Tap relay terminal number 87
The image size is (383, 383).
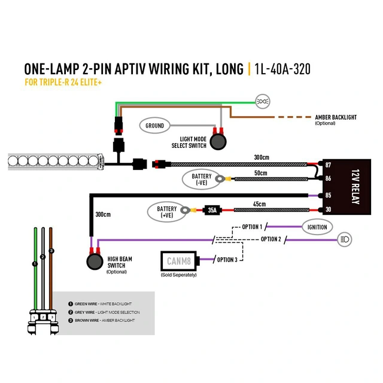(329, 165)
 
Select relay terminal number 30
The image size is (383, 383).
(329, 209)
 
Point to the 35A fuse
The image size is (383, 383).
(212, 210)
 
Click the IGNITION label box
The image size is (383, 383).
(317, 227)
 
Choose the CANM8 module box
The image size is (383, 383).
(180, 260)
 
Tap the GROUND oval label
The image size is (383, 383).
(154, 126)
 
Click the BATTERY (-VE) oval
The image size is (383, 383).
(201, 178)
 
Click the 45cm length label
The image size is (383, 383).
(259, 203)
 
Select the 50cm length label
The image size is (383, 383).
(260, 173)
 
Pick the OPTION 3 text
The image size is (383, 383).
(227, 259)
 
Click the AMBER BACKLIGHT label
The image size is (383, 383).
(335, 117)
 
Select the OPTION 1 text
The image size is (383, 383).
(252, 227)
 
